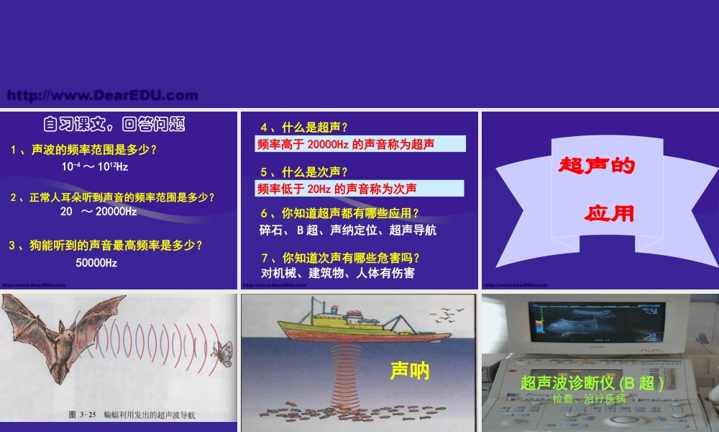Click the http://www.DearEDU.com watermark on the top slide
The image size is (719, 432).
tap(101, 95)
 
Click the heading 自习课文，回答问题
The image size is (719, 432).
tap(114, 125)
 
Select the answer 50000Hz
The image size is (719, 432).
tap(96, 263)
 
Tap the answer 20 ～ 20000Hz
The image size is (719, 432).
tap(99, 212)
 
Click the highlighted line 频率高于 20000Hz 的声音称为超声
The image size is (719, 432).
tap(346, 144)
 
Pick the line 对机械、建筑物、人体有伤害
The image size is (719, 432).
tap(338, 273)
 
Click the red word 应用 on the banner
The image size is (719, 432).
tap(610, 214)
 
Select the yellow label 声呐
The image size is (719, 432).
tap(410, 371)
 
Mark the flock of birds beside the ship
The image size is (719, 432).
tap(446, 315)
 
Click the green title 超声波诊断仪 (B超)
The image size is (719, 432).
tap(591, 382)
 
